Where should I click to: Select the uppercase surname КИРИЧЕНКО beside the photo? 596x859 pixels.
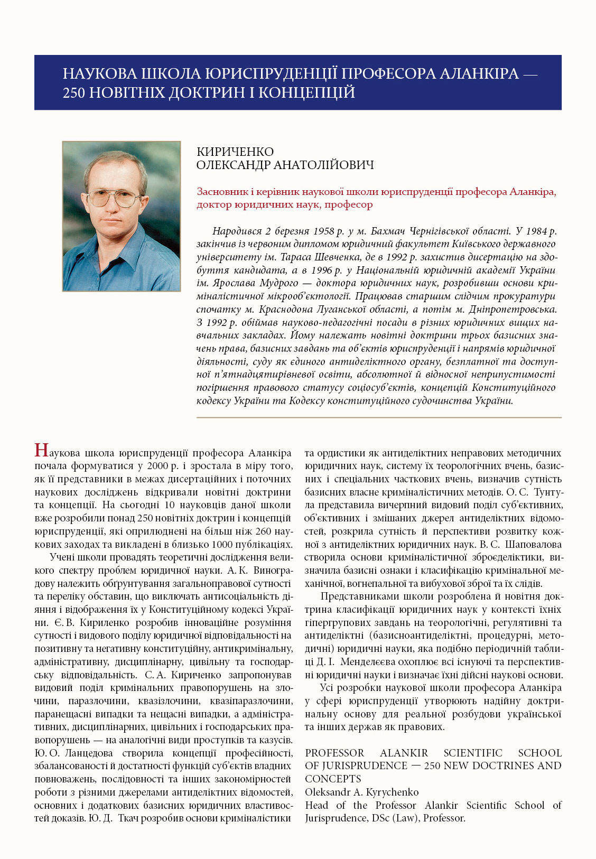tap(235, 152)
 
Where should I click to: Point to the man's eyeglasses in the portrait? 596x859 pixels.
tap(115, 199)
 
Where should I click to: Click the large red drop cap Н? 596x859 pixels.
tap(41, 450)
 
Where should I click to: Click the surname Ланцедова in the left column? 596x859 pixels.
tap(82, 753)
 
